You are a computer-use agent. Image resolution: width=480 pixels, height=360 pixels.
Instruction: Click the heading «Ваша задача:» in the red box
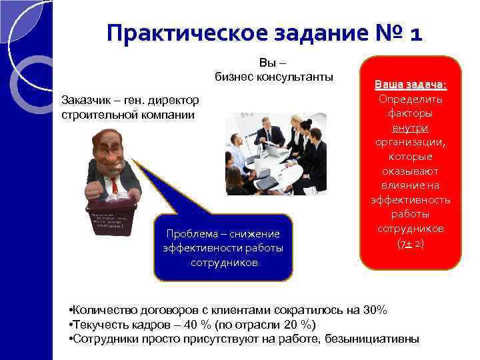pyautogui.click(x=410, y=85)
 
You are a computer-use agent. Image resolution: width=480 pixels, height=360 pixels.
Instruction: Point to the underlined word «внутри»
pyautogui.click(x=410, y=127)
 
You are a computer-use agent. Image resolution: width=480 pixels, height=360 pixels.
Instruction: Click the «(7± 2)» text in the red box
pyautogui.click(x=410, y=243)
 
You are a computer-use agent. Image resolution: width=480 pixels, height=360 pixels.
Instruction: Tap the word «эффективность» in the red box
pyautogui.click(x=410, y=199)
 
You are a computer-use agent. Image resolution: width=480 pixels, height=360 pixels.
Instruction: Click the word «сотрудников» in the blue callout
pyautogui.click(x=223, y=262)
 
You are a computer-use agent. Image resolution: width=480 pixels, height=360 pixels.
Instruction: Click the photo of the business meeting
pyautogui.click(x=275, y=153)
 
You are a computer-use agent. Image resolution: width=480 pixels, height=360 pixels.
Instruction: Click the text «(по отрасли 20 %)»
pyautogui.click(x=271, y=325)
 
